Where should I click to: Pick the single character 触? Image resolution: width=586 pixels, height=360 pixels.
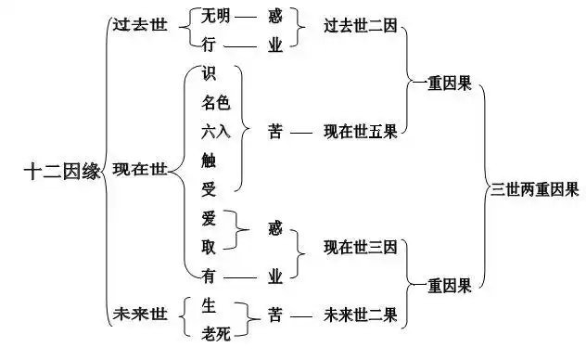[x=209, y=161]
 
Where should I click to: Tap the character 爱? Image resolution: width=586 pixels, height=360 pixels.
[x=209, y=219]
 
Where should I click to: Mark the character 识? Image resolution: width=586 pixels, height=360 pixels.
[x=209, y=74]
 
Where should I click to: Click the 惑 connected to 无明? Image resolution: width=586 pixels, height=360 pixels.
[x=274, y=16]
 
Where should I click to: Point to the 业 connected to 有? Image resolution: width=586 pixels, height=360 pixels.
[x=274, y=276]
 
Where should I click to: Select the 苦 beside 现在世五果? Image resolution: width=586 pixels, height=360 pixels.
[x=274, y=132]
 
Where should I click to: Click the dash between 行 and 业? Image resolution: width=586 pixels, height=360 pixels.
[x=244, y=44]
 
